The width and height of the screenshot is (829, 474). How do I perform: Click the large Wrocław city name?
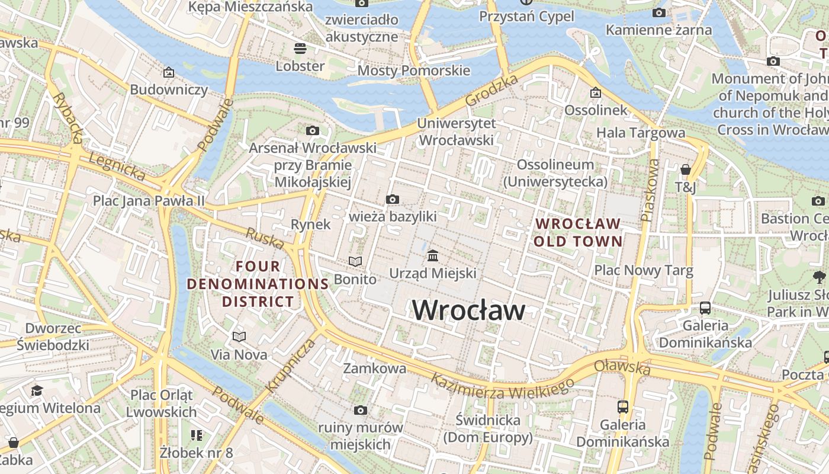(x=468, y=310)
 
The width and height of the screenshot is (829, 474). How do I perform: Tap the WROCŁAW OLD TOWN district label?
(x=578, y=233)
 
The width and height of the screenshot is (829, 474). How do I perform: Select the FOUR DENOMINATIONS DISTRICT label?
(x=258, y=284)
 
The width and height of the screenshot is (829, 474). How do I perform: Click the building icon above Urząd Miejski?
(x=433, y=256)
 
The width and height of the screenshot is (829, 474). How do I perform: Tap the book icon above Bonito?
(x=355, y=261)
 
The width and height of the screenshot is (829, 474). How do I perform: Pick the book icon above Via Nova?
(x=239, y=337)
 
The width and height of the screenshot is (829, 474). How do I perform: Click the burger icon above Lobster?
(x=300, y=48)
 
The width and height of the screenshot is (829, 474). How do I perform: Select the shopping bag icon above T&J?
(x=686, y=170)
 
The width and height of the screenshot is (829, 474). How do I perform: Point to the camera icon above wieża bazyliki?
(x=393, y=200)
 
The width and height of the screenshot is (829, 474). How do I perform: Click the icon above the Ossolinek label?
(x=596, y=93)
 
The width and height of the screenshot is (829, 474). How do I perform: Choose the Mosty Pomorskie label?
(x=414, y=71)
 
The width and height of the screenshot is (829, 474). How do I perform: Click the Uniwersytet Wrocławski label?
(x=456, y=132)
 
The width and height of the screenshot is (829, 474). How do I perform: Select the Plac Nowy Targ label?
(x=644, y=271)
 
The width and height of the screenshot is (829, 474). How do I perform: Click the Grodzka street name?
(x=492, y=91)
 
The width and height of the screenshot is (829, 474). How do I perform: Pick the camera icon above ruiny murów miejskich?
(x=361, y=410)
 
